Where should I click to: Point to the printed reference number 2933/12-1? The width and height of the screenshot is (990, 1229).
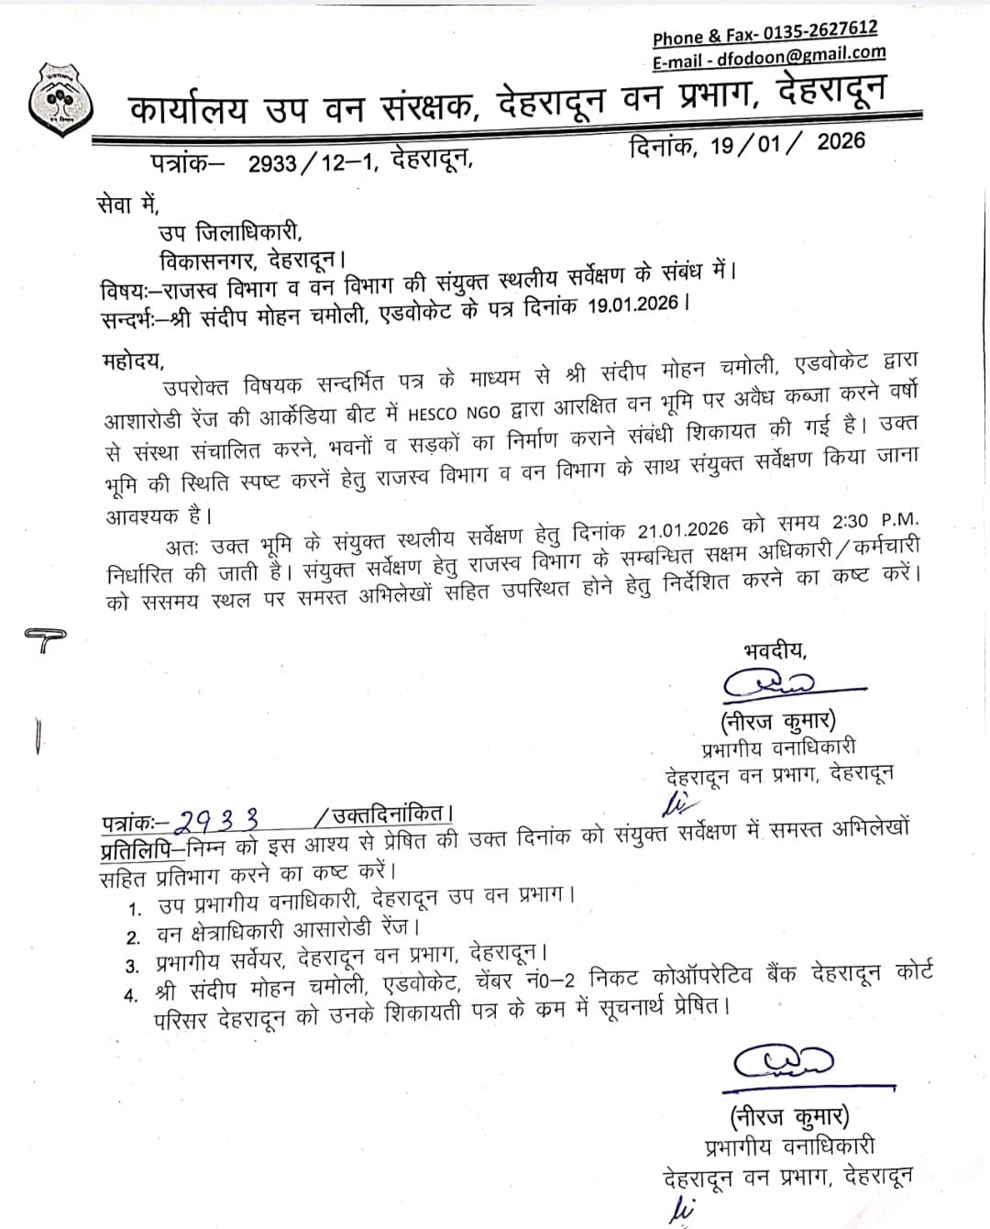coord(312,163)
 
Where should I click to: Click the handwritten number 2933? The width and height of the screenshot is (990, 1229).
coord(221,818)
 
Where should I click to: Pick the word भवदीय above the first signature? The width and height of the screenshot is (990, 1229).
coord(775,650)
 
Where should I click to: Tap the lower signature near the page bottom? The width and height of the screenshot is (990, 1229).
coord(784,1062)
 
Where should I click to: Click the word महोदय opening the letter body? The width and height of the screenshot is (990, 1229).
coord(133,357)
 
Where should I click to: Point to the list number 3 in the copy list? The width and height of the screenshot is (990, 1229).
coord(134,966)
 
